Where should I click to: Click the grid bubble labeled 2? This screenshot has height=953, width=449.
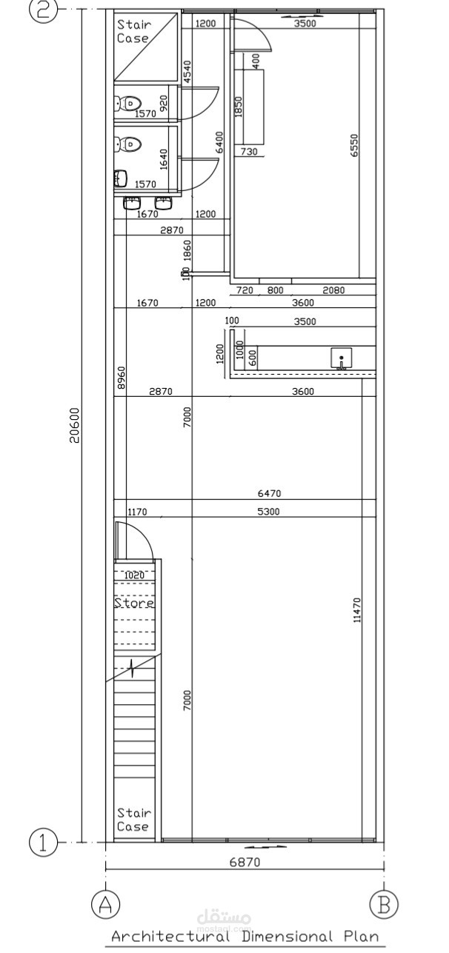tap(43, 10)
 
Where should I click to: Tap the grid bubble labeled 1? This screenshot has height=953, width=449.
tap(43, 843)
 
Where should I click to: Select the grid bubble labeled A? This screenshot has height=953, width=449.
tap(105, 904)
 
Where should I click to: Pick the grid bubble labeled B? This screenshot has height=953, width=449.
tap(384, 904)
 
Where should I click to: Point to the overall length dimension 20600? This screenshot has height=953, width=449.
tap(74, 425)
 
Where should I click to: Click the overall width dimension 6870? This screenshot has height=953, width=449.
tap(244, 862)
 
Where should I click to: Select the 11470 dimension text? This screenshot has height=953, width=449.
tap(358, 611)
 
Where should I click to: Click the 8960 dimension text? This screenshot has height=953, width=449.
tap(122, 378)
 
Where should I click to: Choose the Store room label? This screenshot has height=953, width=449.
tap(134, 603)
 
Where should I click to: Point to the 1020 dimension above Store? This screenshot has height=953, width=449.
tap(134, 575)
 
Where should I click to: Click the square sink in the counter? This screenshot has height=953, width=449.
tap(342, 358)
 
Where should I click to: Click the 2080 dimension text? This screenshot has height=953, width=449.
tap(333, 290)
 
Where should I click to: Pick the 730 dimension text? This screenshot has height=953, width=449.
tap(249, 152)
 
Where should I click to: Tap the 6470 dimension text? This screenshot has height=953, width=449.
tap(269, 493)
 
